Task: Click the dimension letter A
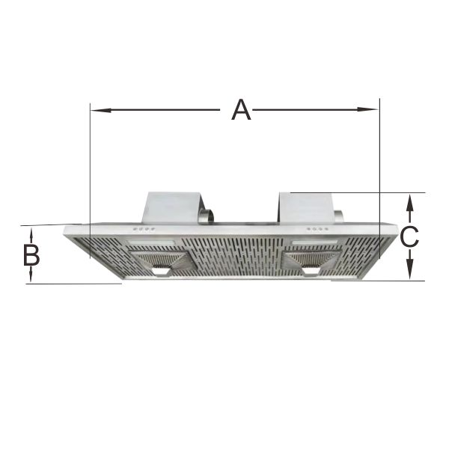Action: (x=241, y=110)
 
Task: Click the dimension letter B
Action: (x=31, y=255)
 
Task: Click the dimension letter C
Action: (x=409, y=236)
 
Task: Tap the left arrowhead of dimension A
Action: (x=100, y=110)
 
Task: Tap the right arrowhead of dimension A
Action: (x=368, y=109)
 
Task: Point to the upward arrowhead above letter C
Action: (x=410, y=204)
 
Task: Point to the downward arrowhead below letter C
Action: (x=410, y=269)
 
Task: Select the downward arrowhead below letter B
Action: (x=31, y=275)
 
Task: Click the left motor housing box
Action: (x=172, y=207)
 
